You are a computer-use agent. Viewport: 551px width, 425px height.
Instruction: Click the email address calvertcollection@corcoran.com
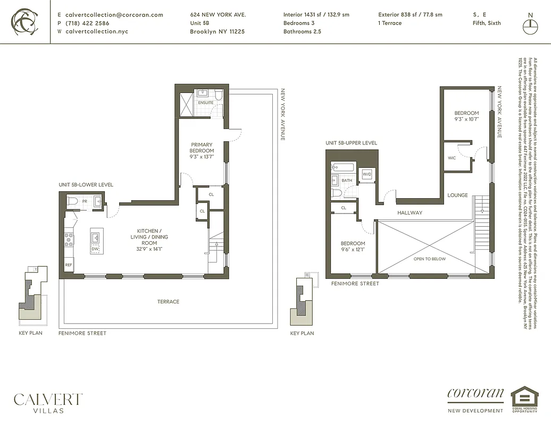click(114, 15)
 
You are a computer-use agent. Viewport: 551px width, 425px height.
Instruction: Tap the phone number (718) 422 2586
click(88, 23)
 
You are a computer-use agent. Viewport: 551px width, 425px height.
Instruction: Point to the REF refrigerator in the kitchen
click(69, 265)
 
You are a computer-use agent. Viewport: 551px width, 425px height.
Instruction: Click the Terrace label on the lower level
click(168, 302)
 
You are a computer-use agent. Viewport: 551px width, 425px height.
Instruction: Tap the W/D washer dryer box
click(367, 174)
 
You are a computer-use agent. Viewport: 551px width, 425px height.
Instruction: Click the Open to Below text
click(430, 259)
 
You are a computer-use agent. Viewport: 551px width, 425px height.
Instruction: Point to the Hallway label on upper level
click(410, 212)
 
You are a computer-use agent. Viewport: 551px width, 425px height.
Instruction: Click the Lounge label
click(457, 195)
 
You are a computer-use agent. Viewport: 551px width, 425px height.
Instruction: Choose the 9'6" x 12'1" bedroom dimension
click(353, 249)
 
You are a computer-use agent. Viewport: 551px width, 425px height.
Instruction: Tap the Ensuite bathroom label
click(206, 103)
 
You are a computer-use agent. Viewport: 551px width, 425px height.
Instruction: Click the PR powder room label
click(85, 202)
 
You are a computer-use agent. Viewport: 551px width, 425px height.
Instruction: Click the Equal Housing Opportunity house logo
click(524, 397)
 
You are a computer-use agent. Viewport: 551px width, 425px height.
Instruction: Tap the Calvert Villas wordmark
click(48, 402)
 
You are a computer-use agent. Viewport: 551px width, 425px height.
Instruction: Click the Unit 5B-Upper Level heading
click(351, 143)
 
